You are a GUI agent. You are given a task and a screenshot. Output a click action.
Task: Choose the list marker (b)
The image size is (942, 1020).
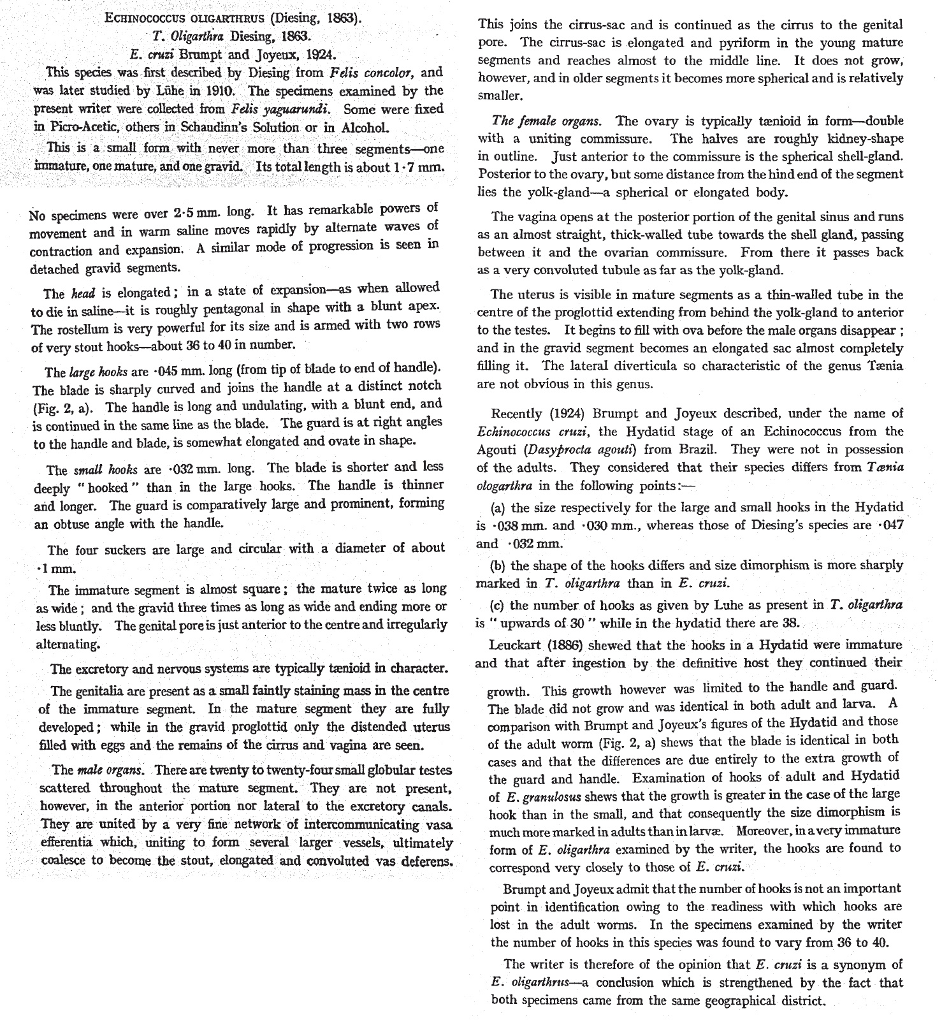498,565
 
